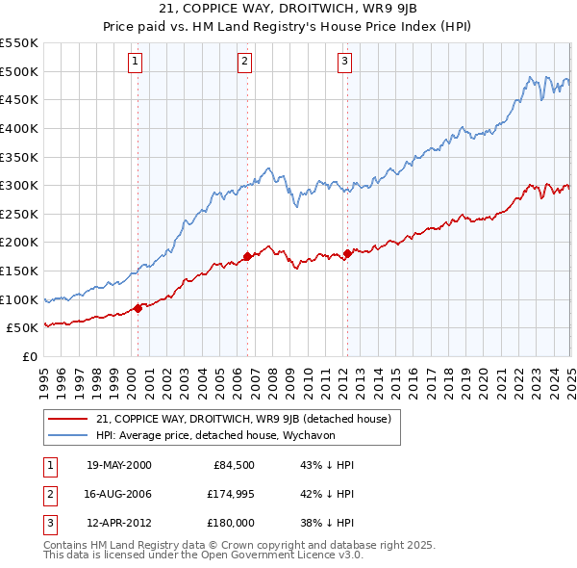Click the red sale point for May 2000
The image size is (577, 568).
[138, 308]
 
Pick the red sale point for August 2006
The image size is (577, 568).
[247, 256]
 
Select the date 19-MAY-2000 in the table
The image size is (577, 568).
[118, 466]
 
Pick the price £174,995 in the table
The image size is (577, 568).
[228, 494]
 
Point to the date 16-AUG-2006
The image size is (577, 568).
[118, 494]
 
